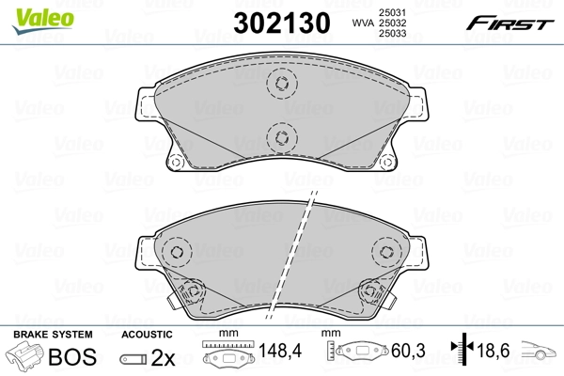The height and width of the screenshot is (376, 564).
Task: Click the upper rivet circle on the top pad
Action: click(x=280, y=84)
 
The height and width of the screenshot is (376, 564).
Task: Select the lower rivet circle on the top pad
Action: click(x=280, y=139)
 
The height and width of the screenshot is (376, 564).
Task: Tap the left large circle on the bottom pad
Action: click(x=176, y=251)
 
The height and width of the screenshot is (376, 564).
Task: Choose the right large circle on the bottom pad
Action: click(x=385, y=251)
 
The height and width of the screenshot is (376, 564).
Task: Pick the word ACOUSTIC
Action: click(x=148, y=335)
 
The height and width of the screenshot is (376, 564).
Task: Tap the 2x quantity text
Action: click(x=164, y=357)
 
